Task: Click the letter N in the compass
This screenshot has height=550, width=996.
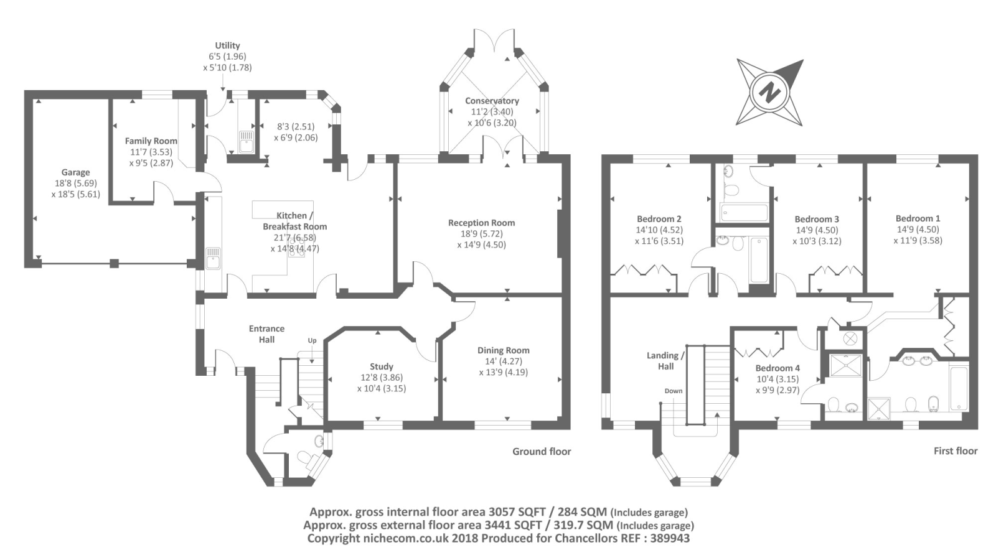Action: tap(769, 93)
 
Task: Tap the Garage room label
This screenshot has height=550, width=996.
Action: tap(75, 172)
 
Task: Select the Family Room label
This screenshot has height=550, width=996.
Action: tap(151, 141)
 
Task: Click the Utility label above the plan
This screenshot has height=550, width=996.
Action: tap(228, 45)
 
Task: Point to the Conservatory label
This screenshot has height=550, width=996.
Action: tap(492, 101)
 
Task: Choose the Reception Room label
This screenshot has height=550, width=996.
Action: tap(482, 223)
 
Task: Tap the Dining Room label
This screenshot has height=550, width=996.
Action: tap(504, 350)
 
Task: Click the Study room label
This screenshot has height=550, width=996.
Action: tap(382, 366)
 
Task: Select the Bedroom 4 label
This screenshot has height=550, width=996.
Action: tap(778, 368)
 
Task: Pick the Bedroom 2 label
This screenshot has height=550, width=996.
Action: tap(659, 219)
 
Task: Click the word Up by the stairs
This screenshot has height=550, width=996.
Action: tap(312, 341)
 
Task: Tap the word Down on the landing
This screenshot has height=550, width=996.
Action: tap(674, 391)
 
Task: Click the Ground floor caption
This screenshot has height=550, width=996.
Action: tap(542, 452)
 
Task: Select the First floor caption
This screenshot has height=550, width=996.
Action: tap(956, 451)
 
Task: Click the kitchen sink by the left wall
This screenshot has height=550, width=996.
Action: tap(213, 258)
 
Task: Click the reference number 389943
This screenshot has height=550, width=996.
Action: tap(670, 538)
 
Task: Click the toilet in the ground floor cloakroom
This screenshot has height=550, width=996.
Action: tap(304, 459)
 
